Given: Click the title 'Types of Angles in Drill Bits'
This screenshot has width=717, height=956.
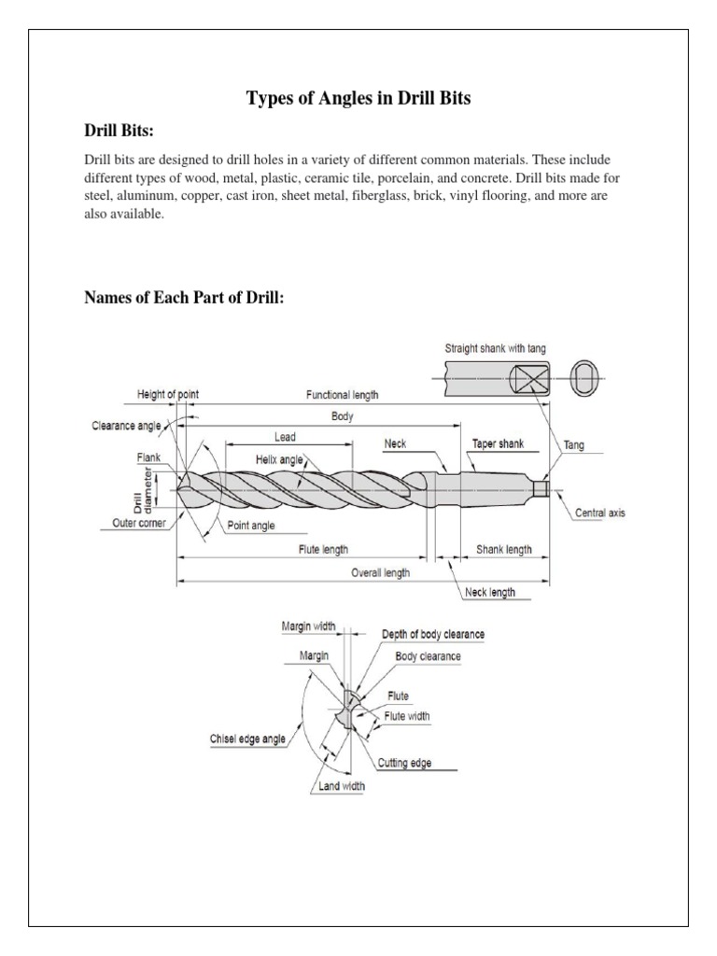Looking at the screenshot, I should [x=358, y=97].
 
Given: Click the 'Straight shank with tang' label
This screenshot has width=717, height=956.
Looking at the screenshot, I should [x=495, y=348].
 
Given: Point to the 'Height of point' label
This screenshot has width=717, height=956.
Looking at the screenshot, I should [x=167, y=395].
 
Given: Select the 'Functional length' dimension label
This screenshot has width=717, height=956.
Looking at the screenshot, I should [x=343, y=395].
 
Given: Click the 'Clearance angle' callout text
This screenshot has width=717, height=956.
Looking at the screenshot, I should [x=127, y=426].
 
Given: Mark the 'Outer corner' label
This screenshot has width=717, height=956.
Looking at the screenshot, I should [x=133, y=524].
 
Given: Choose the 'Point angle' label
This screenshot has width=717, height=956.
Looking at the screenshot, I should [x=251, y=526].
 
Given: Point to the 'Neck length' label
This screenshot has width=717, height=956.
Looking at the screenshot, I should [x=489, y=592].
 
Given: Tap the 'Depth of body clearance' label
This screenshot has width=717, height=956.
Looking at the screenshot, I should [x=433, y=634].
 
